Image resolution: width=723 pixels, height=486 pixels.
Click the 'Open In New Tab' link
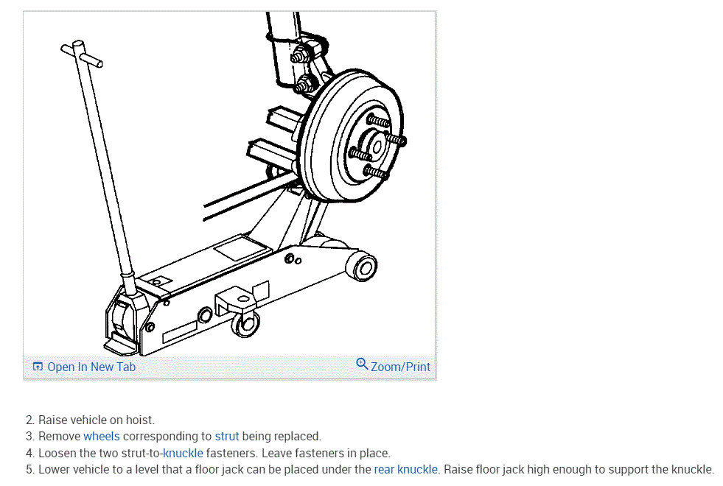[91, 367]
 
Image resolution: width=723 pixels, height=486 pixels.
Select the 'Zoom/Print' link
[400, 367]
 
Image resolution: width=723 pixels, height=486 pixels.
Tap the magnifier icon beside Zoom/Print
[362, 364]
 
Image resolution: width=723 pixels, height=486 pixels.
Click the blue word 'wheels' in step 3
[101, 437]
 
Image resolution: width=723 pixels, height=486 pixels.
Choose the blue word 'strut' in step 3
[227, 437]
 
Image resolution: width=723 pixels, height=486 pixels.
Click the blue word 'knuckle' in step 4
[183, 453]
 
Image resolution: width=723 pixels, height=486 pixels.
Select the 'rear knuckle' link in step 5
[405, 469]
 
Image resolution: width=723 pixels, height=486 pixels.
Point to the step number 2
[29, 420]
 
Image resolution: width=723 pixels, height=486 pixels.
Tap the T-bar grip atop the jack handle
[81, 52]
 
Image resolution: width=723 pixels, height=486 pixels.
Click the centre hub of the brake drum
[377, 147]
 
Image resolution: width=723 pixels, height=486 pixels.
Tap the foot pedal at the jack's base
[120, 344]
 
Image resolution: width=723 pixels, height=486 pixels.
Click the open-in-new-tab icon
[38, 367]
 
